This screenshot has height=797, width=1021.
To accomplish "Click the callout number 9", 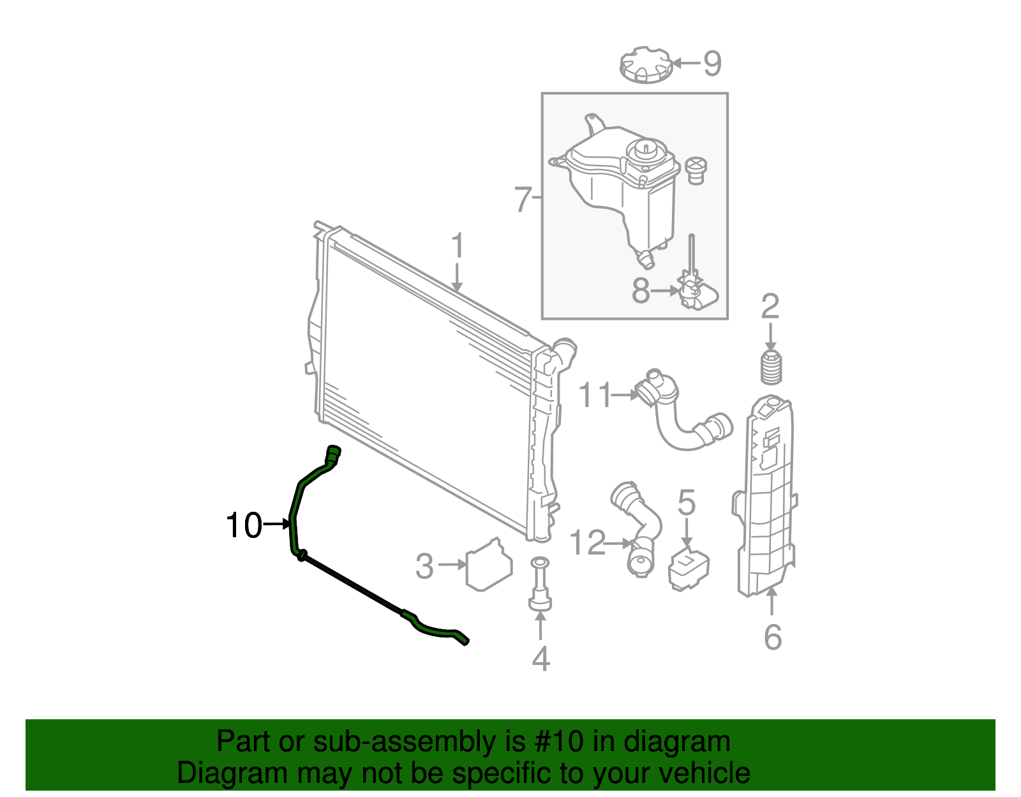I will click(x=712, y=63).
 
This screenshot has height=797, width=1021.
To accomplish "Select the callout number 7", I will click(x=523, y=200).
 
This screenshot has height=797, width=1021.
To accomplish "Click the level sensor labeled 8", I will click(x=697, y=294).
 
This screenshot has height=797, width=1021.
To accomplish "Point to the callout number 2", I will click(x=770, y=307).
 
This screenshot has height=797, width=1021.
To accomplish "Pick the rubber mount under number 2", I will click(x=771, y=368).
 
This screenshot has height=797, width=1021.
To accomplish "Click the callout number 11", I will click(x=595, y=396).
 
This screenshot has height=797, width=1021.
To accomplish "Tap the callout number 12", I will click(x=586, y=543).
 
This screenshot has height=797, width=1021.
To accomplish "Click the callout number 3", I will click(x=424, y=565).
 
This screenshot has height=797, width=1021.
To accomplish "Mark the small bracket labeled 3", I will click(x=489, y=564).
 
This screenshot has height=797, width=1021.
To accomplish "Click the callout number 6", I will click(x=772, y=637).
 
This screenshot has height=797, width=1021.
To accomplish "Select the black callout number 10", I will click(x=244, y=525).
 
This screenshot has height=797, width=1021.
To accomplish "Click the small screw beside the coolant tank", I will click(x=696, y=171).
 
